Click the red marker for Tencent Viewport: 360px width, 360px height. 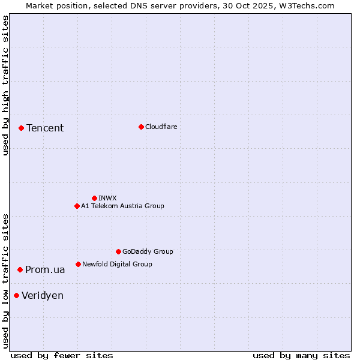[x=21, y=128]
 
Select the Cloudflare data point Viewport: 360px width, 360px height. [x=141, y=127]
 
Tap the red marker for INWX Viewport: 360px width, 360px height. [x=94, y=198]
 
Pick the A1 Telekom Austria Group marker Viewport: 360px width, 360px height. [x=77, y=206]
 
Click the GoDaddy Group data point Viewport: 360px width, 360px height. [x=118, y=251]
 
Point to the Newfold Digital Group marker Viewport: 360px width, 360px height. [x=78, y=264]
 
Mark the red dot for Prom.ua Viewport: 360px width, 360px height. [x=20, y=269]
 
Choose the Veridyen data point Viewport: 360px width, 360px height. [x=16, y=295]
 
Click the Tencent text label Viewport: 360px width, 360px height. [x=45, y=128]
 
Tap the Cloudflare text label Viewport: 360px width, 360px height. [x=161, y=127]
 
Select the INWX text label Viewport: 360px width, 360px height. [x=107, y=198]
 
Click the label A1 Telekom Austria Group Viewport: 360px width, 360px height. [x=122, y=206]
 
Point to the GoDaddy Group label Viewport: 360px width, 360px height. [x=148, y=251]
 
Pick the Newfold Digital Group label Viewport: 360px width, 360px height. [x=117, y=264]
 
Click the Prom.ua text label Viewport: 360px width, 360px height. [x=45, y=270]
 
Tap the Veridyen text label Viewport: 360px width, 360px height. [x=43, y=296]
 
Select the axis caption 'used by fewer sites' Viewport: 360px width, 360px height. [x=62, y=355]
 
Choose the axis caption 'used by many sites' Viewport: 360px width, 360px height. [x=301, y=355]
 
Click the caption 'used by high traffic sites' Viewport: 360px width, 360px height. [x=5, y=86]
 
